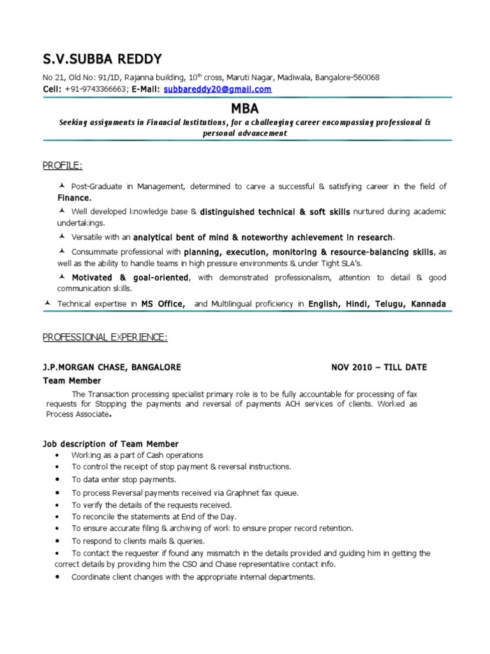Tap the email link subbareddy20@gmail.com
point(218,89)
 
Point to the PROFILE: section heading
point(63,166)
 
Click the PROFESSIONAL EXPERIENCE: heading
point(105,337)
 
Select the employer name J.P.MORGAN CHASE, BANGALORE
point(112,367)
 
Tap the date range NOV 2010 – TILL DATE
point(379,367)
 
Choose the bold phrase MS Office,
point(163,305)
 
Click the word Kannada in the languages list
point(429,305)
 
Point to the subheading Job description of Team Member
point(110,444)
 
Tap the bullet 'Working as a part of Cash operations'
point(137,455)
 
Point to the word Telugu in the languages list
point(385,305)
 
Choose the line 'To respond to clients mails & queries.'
point(142,541)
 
